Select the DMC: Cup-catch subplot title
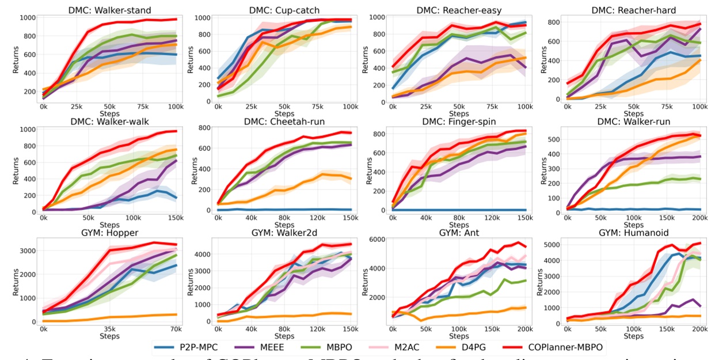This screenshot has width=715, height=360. (279, 9)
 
